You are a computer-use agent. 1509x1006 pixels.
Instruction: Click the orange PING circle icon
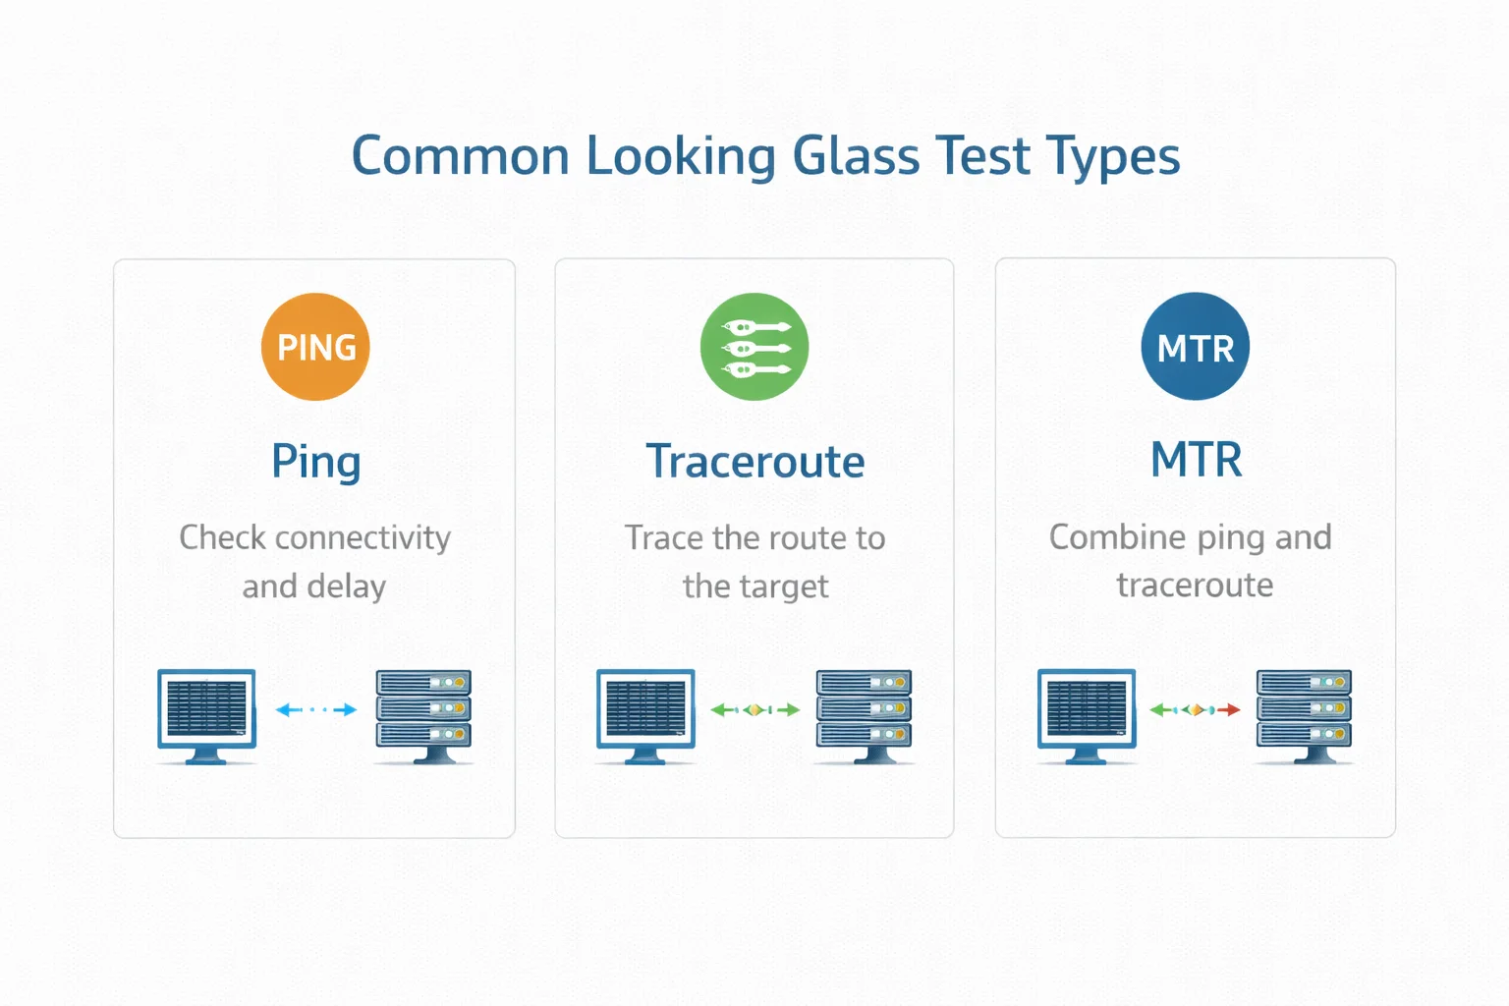coord(315,347)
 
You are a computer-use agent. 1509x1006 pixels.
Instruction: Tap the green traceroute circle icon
coord(754,347)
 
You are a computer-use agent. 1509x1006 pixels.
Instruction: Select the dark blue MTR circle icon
coord(1195,347)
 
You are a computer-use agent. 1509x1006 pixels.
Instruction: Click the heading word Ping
coord(316,462)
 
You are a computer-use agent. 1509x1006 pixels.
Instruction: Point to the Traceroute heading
coord(754,462)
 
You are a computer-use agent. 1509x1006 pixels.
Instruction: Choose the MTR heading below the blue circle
coord(1196,460)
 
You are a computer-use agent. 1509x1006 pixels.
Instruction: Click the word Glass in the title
coord(856,156)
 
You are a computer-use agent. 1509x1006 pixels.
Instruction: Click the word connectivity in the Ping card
coord(363,537)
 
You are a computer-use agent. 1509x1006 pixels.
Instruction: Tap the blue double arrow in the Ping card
coord(316,709)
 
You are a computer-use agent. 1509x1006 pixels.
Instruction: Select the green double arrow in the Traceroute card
coord(754,709)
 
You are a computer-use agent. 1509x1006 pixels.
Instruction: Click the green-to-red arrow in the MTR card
coord(1195,709)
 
